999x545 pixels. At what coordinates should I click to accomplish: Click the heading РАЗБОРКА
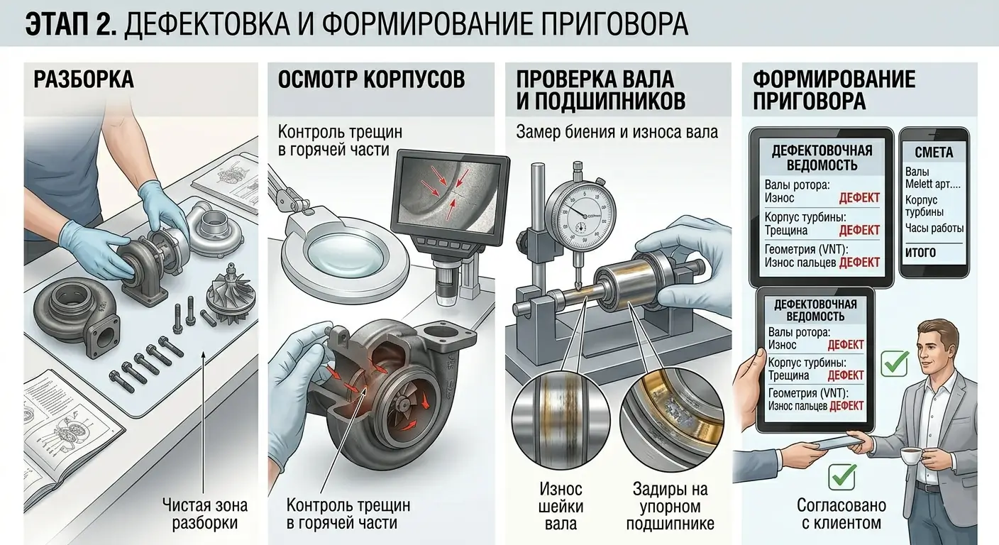point(83,79)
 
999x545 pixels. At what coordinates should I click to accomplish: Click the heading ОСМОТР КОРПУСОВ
point(371,79)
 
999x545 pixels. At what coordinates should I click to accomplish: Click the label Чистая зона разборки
point(205,514)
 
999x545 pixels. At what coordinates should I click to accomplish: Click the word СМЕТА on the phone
point(934,152)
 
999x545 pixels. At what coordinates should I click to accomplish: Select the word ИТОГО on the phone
point(920,252)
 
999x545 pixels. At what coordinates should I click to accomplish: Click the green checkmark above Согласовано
point(842,476)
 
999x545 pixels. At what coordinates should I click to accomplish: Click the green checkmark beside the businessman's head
point(894,363)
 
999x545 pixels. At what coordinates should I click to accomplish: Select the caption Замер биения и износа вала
point(617,132)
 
